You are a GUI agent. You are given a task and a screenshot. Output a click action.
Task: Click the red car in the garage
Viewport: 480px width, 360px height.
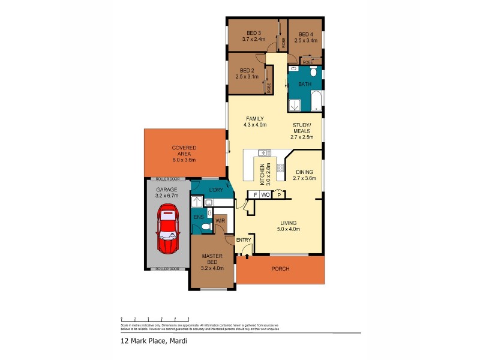pyautogui.click(x=167, y=229)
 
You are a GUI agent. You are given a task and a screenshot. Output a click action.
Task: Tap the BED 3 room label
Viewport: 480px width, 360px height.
pyautogui.click(x=254, y=33)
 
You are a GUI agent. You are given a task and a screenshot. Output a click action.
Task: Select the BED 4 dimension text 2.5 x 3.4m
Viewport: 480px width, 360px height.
pyautogui.click(x=305, y=40)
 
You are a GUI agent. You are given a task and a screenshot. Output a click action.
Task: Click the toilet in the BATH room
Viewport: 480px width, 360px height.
pyautogui.click(x=292, y=70)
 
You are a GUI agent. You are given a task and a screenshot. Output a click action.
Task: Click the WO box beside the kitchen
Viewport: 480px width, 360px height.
pyautogui.click(x=266, y=195)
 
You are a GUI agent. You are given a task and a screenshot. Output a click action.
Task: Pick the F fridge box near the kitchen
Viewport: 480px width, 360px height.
pyautogui.click(x=254, y=195)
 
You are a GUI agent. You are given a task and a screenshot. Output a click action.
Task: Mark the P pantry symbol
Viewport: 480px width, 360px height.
pyautogui.click(x=279, y=194)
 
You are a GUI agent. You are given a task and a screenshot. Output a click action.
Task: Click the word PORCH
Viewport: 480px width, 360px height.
pyautogui.click(x=280, y=269)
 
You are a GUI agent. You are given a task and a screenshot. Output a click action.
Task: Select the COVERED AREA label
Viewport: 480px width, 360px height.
pyautogui.click(x=184, y=150)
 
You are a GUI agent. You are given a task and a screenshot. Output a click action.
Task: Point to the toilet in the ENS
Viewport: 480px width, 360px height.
pyautogui.click(x=205, y=227)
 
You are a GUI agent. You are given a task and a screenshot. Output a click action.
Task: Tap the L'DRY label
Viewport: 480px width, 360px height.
pyautogui.click(x=215, y=190)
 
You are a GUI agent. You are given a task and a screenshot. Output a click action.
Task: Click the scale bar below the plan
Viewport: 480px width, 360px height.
pyautogui.click(x=154, y=319)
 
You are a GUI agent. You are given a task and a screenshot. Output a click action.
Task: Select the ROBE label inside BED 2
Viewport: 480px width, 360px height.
pyautogui.click(x=269, y=88)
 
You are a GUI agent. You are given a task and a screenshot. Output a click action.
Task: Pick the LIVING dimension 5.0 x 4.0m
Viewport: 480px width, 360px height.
pyautogui.click(x=287, y=229)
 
